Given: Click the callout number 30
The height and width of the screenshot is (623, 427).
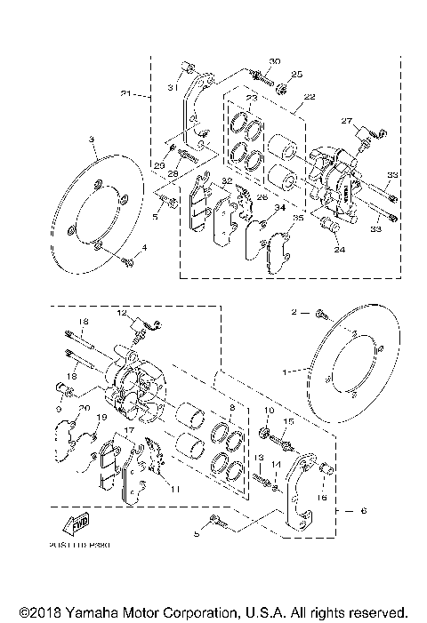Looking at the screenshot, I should click(x=274, y=61).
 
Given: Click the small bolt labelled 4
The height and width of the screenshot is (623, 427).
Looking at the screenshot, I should click(x=130, y=262).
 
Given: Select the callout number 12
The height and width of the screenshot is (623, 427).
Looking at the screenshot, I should click(x=123, y=313).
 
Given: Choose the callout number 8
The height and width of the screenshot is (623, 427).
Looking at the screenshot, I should click(x=230, y=408).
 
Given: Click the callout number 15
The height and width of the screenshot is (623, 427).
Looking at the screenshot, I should click(x=287, y=421).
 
